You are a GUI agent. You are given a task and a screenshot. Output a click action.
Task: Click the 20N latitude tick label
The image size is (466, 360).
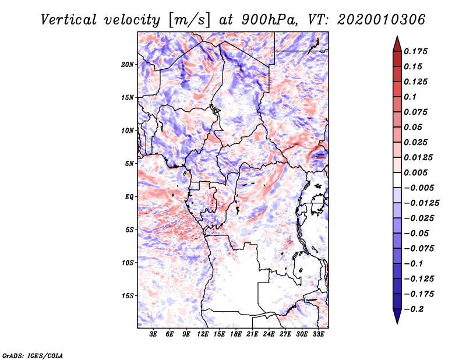pyautogui.click(x=128, y=65)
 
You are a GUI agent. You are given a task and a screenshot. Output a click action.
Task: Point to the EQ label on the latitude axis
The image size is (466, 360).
pyautogui.click(x=129, y=197)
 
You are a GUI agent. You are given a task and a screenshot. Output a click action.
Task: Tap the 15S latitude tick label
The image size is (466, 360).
pyautogui.click(x=128, y=296)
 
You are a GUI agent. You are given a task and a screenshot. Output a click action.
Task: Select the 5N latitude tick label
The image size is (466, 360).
pyautogui.click(x=129, y=164)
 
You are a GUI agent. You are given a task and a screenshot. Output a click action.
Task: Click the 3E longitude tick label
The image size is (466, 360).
pyautogui.click(x=153, y=334)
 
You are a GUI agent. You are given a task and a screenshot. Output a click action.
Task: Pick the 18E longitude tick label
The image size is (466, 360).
pyautogui.click(x=236, y=334)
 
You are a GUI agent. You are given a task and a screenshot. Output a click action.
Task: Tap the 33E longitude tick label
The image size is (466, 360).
pyautogui.click(x=318, y=334)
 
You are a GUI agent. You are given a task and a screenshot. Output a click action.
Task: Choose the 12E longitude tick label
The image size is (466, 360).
pyautogui.click(x=203, y=334)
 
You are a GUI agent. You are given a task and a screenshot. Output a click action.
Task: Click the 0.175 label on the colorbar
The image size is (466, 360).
pyautogui.click(x=415, y=51)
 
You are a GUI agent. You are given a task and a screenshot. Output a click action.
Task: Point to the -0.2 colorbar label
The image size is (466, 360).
pyautogui.click(x=414, y=309)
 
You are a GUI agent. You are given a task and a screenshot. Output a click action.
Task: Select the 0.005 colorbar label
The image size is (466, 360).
pyautogui.click(x=415, y=172)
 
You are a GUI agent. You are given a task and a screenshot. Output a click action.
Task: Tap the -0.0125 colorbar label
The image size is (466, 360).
pyautogui.click(x=421, y=203)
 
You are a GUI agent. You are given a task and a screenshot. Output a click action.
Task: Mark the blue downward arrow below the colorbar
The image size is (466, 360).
pyautogui.click(x=397, y=316)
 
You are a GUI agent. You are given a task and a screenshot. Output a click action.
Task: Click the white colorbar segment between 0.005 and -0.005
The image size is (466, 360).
pyautogui.click(x=397, y=180)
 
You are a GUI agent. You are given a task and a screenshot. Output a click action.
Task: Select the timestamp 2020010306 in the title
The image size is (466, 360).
pyautogui.click(x=382, y=20)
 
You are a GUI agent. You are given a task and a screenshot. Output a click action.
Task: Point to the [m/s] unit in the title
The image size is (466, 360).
pyautogui.click(x=189, y=20)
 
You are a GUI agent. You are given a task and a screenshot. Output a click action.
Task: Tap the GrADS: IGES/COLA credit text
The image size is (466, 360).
pyautogui.click(x=33, y=355)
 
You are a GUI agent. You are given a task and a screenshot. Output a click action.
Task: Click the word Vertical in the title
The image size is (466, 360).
pyautogui.click(x=69, y=20)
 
